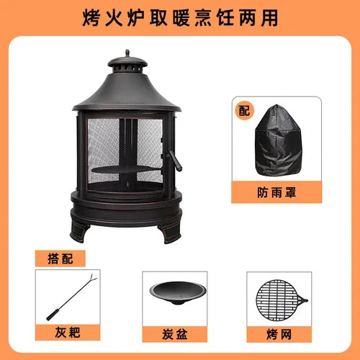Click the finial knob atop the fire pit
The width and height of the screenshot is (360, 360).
pos(127,53)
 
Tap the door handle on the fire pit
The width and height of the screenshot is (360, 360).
pos(175,161)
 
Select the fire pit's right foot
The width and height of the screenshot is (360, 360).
pos(169,233)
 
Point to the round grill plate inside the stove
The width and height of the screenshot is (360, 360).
pos(127,170)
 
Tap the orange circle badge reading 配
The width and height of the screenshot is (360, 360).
pos(244,111)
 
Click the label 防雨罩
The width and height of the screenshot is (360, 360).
pos(276,192)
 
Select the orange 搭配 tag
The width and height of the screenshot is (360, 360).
pos(60,258)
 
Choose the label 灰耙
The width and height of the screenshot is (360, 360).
pos(68,333)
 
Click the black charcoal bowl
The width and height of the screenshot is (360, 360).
pos(178,293)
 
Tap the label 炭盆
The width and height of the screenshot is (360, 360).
pos(175,334)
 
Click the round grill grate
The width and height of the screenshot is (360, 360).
pos(279,300)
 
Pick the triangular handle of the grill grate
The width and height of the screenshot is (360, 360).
pos(303,300)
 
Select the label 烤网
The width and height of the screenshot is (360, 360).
pos(279,334)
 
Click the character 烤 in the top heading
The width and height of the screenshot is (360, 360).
pos(91,18)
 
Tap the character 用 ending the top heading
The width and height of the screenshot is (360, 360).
pos(270,18)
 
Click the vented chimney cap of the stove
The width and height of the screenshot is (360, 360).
pos(127,66)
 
